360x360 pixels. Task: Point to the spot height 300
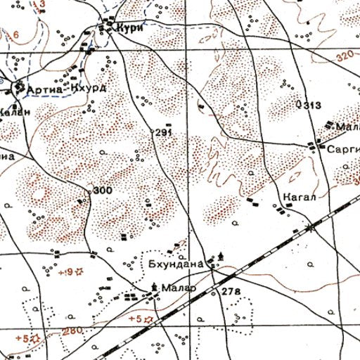pyautogui.click(x=103, y=190)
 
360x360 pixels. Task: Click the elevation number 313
pyautogui.click(x=313, y=105)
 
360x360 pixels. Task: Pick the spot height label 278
pyautogui.click(x=231, y=291)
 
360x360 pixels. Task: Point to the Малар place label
pyautogui.click(x=176, y=288)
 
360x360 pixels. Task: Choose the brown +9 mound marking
pyautogui.click(x=67, y=271)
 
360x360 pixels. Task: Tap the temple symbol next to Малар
pyautogui.click(x=155, y=285)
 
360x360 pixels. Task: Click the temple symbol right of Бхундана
pyautogui.click(x=223, y=256)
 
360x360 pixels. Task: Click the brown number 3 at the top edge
pyautogui.click(x=42, y=4)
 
